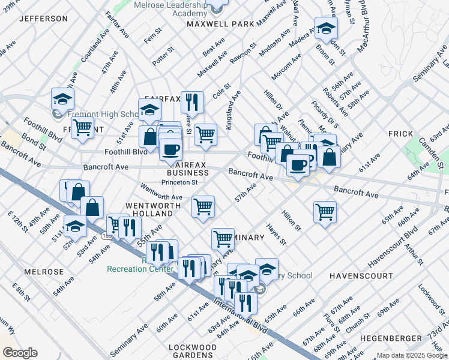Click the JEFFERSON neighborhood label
coord(43,19)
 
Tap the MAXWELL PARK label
coord(220,25)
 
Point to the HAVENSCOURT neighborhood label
coord(361,275)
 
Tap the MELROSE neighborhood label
coord(44,272)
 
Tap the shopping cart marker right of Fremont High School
coord(82,127)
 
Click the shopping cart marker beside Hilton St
coord(325,211)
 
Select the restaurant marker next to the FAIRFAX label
coord(192,101)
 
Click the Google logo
coord(20,353)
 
